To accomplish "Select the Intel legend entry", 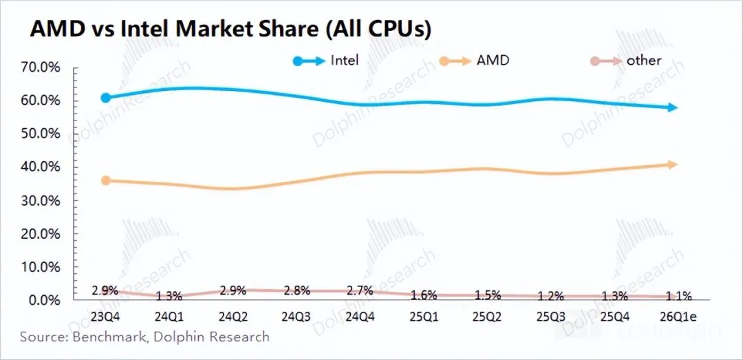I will click(344, 61).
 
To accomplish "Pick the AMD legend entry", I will click(493, 61).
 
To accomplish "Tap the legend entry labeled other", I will click(643, 61).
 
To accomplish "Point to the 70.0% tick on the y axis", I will click(43, 67).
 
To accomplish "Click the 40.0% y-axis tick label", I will click(43, 167).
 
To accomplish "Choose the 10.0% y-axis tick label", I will click(43, 267).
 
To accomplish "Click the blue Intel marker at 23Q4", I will click(105, 98).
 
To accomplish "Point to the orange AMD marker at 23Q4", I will click(105, 180).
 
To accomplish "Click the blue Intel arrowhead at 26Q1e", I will click(674, 107).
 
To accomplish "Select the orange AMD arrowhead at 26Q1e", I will click(674, 165).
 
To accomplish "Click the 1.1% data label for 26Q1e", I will click(678, 296).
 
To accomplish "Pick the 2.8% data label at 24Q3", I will click(297, 290).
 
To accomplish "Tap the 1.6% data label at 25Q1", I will click(424, 295).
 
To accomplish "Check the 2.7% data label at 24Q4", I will click(360, 290).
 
